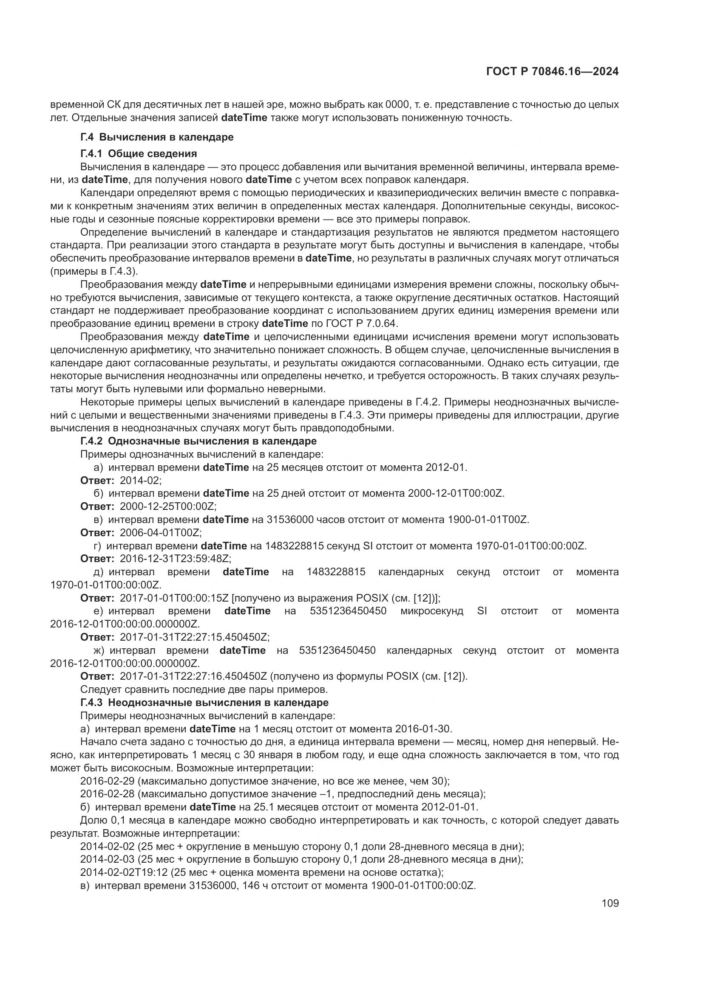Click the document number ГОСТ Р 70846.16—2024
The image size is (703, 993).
pos(553,71)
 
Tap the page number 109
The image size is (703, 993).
pos(610,903)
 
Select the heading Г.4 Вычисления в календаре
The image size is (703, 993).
pos(157,137)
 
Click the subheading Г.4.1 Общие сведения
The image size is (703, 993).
pos(139,154)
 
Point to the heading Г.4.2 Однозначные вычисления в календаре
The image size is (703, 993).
pos(198,441)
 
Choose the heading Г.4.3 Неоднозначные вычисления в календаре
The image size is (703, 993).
pos(204,702)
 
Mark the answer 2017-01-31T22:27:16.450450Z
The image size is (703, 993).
pos(193,676)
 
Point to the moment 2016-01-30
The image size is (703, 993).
pos(423,729)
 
